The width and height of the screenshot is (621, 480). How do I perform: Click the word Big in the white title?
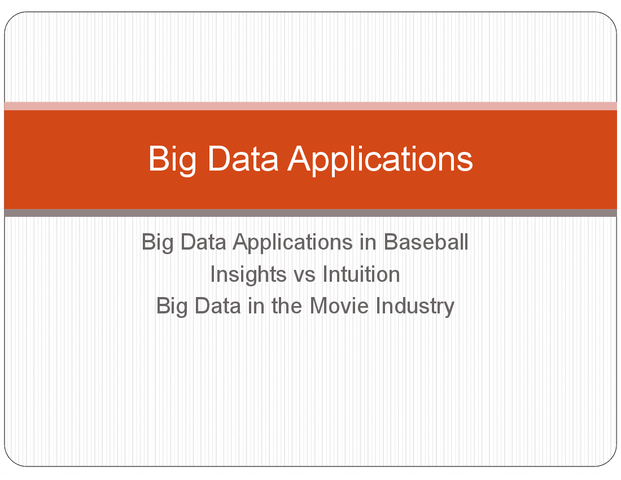(172, 160)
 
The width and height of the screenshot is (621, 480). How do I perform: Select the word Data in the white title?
(243, 159)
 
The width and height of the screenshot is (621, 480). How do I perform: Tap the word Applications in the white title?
(380, 160)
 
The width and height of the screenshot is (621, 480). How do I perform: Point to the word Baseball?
(426, 242)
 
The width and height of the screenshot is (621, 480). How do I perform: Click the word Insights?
(248, 274)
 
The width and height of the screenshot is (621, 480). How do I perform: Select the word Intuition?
(361, 274)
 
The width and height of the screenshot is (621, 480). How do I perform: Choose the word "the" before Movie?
(287, 306)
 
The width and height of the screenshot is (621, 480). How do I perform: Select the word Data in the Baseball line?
(203, 242)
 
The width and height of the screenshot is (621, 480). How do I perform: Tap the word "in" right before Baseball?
(368, 242)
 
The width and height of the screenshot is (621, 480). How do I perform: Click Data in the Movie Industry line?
(217, 306)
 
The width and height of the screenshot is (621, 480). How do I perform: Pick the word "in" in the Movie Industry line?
(256, 306)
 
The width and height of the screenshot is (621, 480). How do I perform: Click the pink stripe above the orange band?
(310, 106)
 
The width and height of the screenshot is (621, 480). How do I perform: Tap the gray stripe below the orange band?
(310, 213)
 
